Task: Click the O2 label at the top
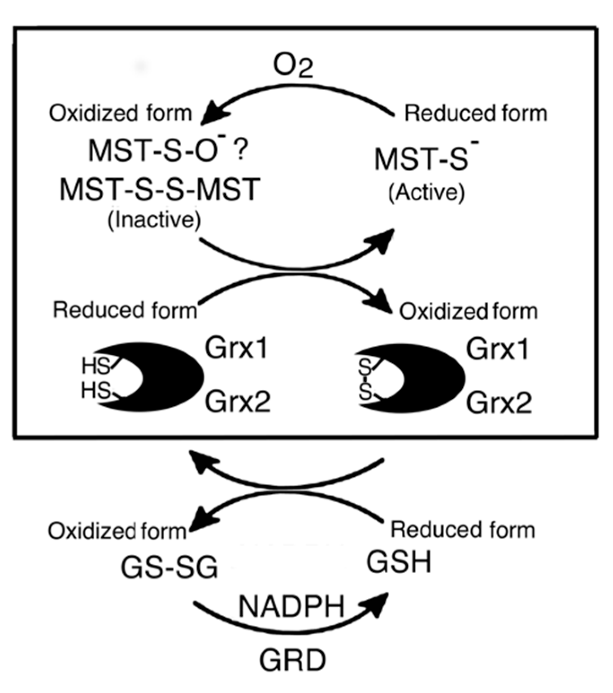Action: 293,67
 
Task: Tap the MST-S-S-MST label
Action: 160,190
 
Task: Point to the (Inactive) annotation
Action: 154,220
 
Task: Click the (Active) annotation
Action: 426,193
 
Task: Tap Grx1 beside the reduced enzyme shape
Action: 236,348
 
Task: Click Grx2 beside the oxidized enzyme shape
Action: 499,402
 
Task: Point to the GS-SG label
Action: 169,567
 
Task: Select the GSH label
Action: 399,562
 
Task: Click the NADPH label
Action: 291,606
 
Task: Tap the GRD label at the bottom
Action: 292,661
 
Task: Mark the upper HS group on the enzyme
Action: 95,366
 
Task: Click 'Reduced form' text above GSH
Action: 463,530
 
